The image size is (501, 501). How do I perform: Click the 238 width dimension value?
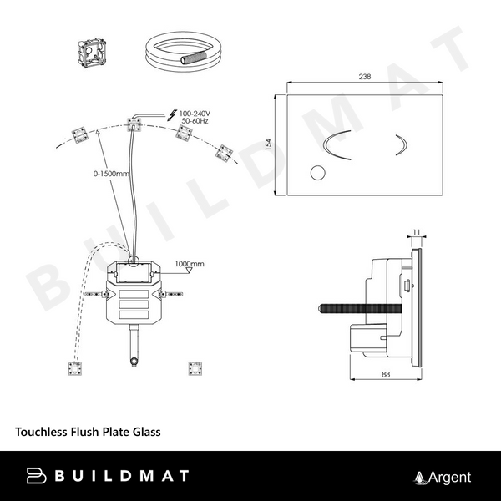(365, 77)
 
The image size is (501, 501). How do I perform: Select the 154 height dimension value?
(269, 144)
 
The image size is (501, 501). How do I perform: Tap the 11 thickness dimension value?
(417, 232)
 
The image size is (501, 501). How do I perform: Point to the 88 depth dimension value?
(386, 374)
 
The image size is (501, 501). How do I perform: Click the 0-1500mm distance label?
(111, 174)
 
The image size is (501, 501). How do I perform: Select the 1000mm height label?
(190, 264)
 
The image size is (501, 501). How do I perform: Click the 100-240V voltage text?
(195, 114)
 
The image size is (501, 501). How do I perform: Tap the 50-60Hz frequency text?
(195, 121)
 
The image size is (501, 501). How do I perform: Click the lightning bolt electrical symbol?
(172, 115)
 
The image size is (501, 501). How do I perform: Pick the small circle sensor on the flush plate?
(317, 173)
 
